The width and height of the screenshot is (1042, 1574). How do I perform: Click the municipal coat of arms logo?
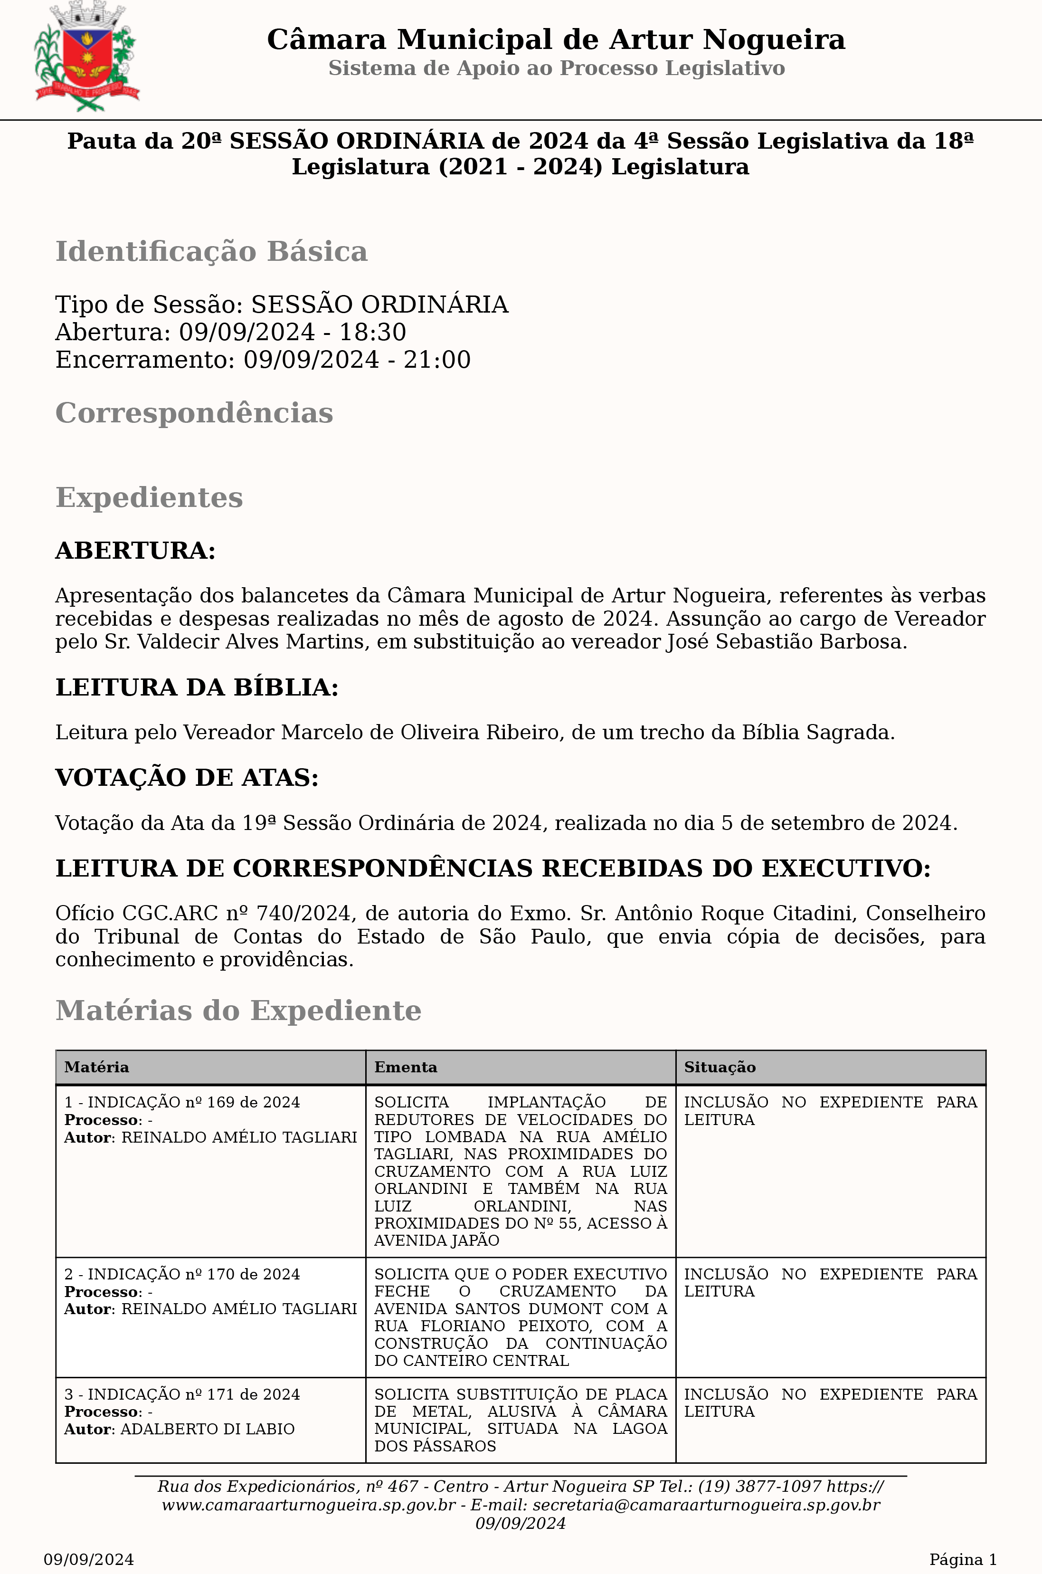click(x=86, y=57)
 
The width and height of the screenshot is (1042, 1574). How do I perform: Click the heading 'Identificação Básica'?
click(x=211, y=252)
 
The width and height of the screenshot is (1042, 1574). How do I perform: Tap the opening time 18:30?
click(x=373, y=332)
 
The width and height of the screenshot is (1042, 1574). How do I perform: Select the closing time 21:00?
click(x=437, y=360)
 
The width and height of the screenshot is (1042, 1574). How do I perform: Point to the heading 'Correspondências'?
click(x=194, y=413)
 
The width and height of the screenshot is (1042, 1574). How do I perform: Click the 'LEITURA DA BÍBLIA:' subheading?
click(x=197, y=687)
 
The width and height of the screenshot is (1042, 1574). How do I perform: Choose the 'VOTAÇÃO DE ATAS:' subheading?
click(x=187, y=778)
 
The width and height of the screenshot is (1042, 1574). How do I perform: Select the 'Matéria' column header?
click(x=96, y=1067)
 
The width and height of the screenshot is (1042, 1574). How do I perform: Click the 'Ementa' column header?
click(x=406, y=1067)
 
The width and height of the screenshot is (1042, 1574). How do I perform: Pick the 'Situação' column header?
click(x=720, y=1067)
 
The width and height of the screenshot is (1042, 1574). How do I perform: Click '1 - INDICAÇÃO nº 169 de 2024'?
click(x=182, y=1102)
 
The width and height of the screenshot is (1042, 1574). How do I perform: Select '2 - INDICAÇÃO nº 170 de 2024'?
click(x=182, y=1274)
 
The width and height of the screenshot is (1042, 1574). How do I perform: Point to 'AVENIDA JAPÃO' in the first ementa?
click(x=436, y=1240)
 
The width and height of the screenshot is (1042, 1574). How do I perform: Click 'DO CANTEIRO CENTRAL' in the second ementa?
click(x=471, y=1361)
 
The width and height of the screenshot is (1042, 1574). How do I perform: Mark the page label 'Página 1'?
click(x=962, y=1559)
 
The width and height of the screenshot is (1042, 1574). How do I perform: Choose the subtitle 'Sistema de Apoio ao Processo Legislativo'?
click(x=556, y=68)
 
